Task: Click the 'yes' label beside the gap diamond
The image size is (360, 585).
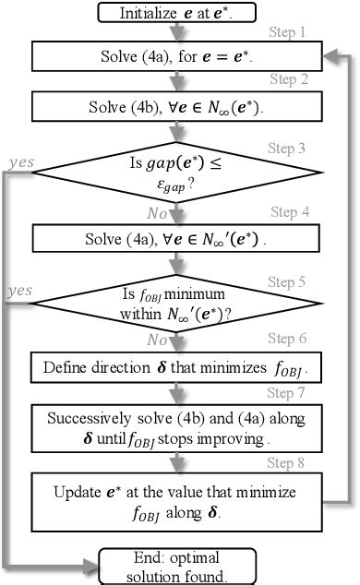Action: point(19,162)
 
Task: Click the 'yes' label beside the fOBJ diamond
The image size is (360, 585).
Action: point(19,291)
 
